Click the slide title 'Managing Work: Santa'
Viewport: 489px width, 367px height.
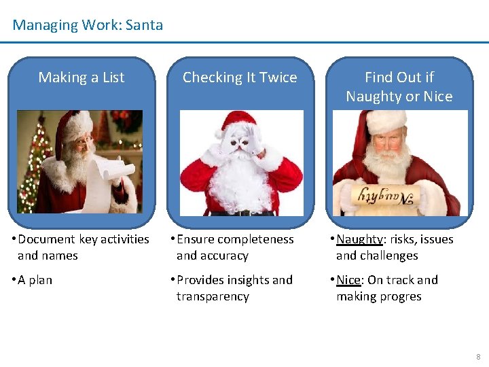point(88,25)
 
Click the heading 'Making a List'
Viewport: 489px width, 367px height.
point(81,77)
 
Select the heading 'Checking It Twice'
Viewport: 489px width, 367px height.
point(240,77)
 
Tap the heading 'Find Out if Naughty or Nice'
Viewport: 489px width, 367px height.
point(399,87)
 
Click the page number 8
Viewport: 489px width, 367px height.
point(478,356)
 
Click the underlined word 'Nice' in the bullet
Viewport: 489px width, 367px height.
point(348,280)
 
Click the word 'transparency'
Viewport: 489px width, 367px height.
point(213,296)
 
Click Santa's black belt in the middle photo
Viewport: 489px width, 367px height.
point(242,212)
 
